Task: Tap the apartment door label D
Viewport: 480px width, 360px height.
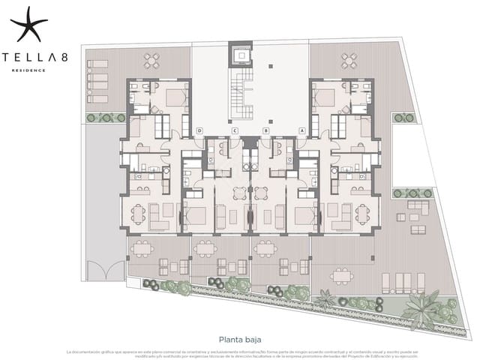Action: tap(199, 131)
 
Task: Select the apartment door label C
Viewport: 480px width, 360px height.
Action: tap(235, 131)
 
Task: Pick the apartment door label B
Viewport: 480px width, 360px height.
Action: tap(265, 131)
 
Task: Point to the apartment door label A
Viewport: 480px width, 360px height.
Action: tap(301, 131)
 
